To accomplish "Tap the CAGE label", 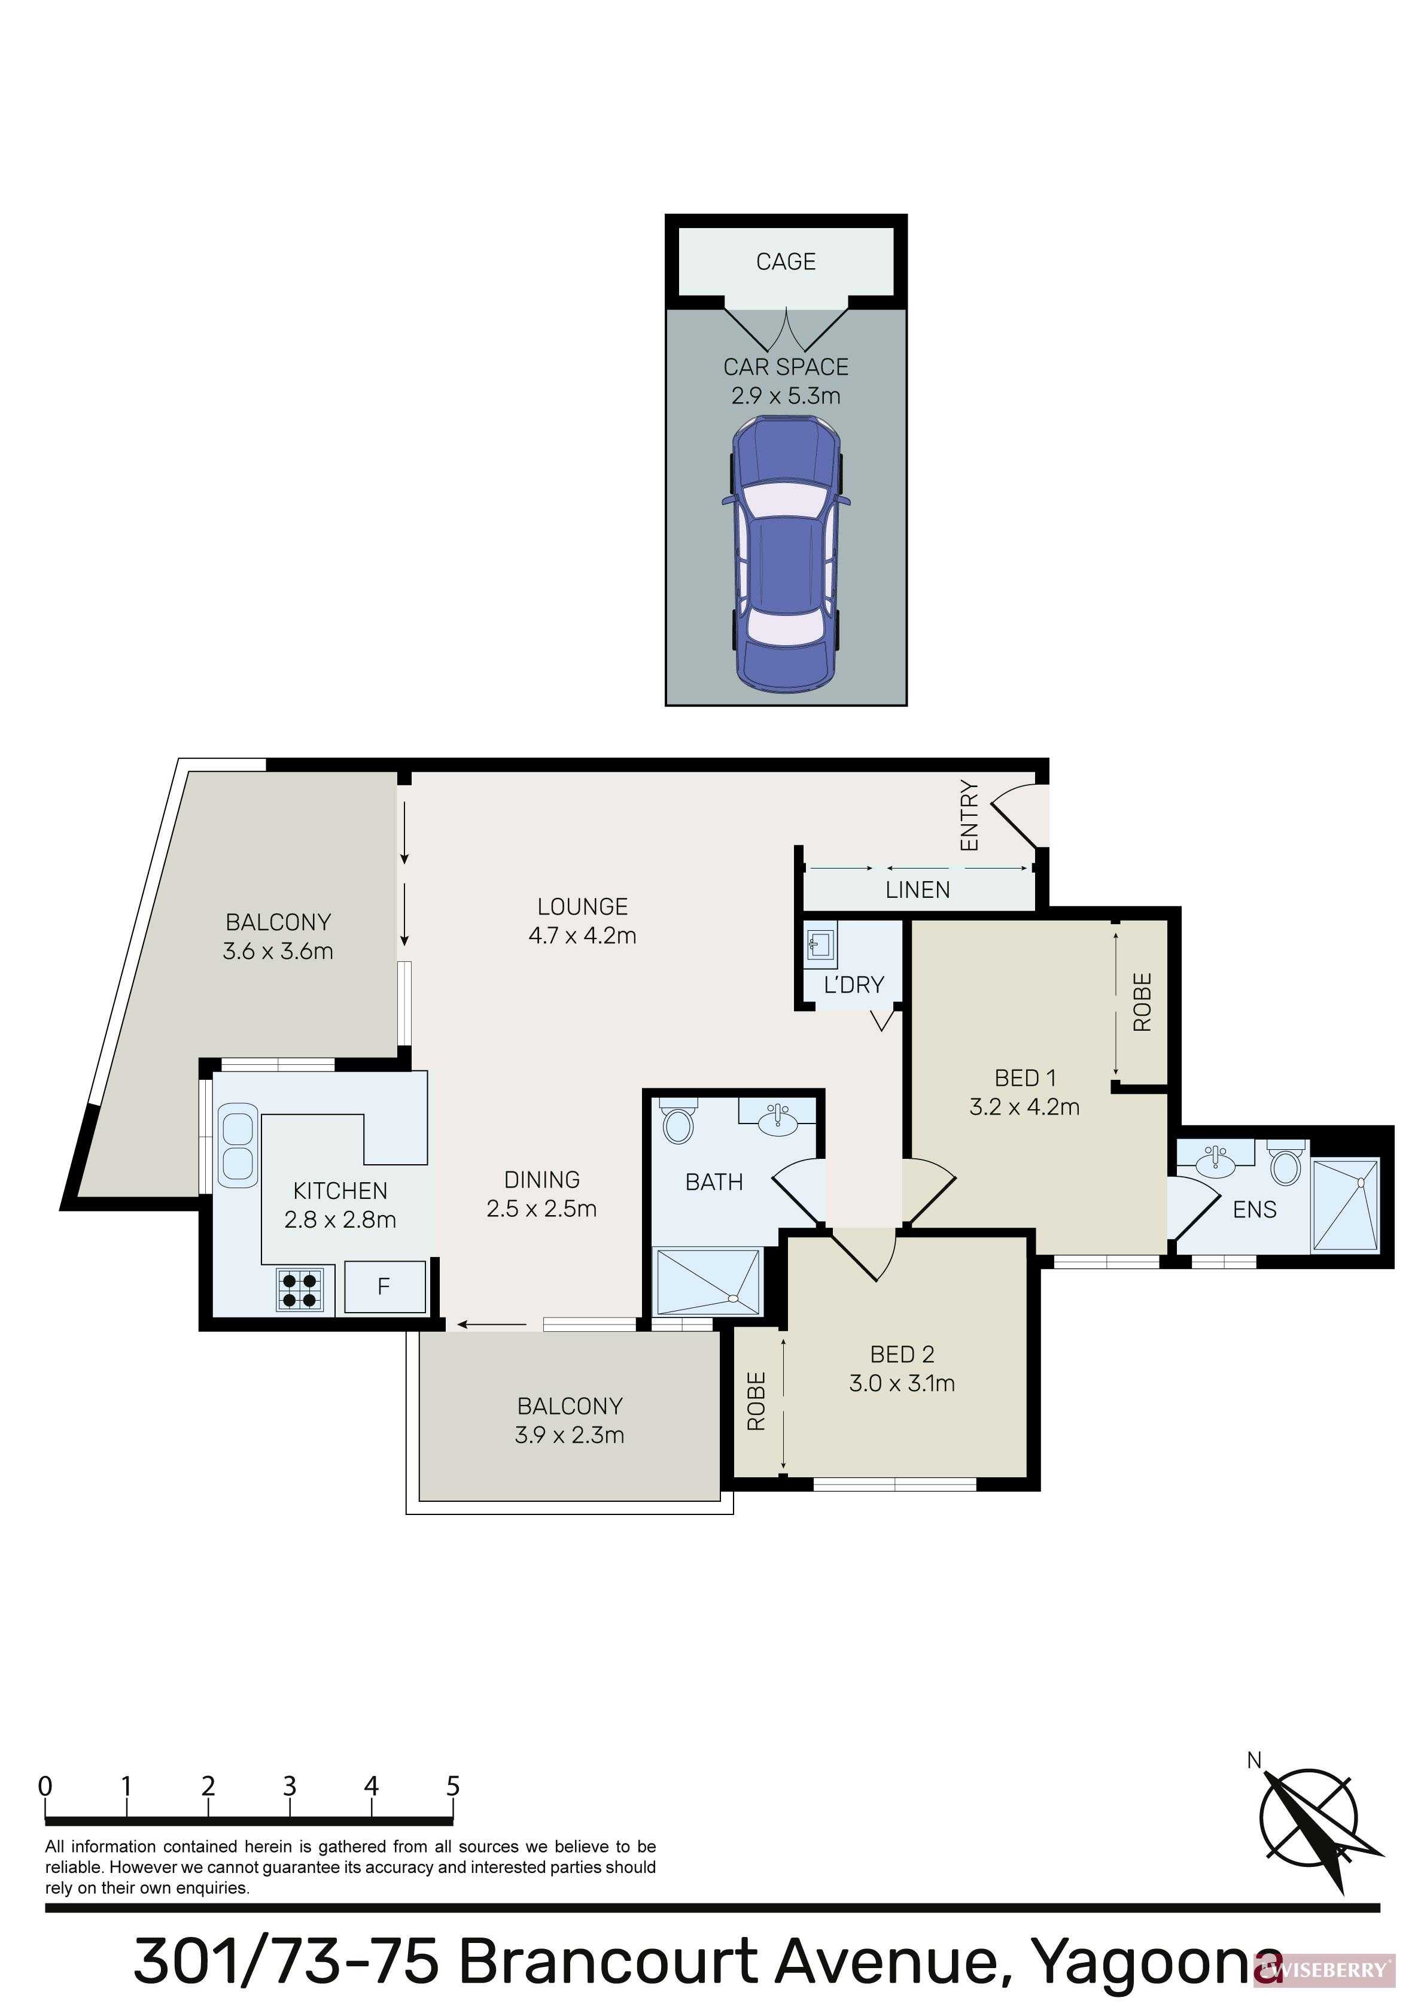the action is click(786, 262).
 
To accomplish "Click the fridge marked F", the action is click(385, 1286).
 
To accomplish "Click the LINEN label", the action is click(917, 890).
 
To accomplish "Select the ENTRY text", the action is click(969, 816).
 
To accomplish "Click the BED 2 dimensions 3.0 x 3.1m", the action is click(902, 1384).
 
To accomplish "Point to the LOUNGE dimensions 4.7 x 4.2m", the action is click(582, 936).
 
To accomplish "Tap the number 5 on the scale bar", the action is click(453, 1786).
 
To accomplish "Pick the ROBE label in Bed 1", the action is click(1142, 1002).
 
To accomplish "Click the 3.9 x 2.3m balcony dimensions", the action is click(570, 1435).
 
